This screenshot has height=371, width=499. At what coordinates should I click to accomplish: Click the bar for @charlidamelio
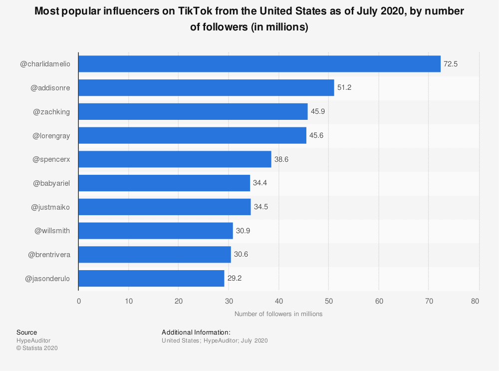259,64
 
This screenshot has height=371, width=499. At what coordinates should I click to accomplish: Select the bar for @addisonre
206,88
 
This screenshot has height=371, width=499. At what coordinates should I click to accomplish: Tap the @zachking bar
193,111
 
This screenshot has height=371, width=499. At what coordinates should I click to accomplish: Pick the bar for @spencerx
175,159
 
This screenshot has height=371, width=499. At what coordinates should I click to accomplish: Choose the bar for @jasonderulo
151,278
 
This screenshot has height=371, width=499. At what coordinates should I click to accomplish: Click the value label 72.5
451,64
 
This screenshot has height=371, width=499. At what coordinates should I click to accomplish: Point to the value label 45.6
317,135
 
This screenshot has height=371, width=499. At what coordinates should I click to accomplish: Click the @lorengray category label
51,135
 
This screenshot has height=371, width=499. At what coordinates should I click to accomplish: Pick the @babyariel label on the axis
51,183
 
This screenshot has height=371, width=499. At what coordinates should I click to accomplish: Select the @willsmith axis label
52,231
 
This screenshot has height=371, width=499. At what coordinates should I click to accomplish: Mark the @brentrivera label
49,255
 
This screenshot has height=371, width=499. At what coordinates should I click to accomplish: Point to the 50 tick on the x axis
329,301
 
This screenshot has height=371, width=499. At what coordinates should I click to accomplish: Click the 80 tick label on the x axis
475,301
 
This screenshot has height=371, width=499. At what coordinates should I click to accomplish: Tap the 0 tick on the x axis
79,301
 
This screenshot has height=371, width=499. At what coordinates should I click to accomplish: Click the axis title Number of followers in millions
278,314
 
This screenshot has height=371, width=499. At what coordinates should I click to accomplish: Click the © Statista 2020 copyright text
37,348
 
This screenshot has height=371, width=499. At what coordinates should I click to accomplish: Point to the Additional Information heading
196,332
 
